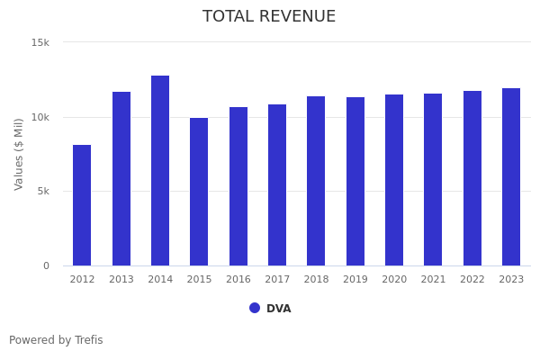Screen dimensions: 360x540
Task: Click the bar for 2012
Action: coord(82,205)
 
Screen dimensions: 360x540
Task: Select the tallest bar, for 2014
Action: coord(160,171)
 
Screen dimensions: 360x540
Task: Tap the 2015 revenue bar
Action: coord(199,192)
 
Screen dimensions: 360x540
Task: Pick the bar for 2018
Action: coord(316,181)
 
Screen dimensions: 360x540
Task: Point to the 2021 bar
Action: coord(433,180)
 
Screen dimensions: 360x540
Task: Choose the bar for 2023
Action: coord(511,177)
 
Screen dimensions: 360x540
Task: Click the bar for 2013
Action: coord(121,179)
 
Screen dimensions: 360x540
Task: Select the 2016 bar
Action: coord(238,186)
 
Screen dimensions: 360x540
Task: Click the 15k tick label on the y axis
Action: coord(40,42)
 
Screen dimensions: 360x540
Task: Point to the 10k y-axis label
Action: coord(40,117)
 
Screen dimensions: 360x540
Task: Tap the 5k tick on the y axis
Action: coord(42,191)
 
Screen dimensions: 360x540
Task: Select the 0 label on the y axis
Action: coord(46,265)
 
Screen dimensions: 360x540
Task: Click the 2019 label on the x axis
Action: coord(355,280)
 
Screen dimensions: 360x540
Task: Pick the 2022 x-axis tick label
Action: coord(472,280)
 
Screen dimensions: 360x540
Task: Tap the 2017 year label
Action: coord(277,280)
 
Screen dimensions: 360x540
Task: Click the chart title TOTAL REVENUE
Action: coord(269,17)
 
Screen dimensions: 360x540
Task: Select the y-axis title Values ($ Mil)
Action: coord(19,154)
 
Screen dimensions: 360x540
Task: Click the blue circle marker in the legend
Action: coord(255,308)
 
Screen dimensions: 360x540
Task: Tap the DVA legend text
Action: coord(278,309)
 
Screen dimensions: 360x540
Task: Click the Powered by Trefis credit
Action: coord(56,340)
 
